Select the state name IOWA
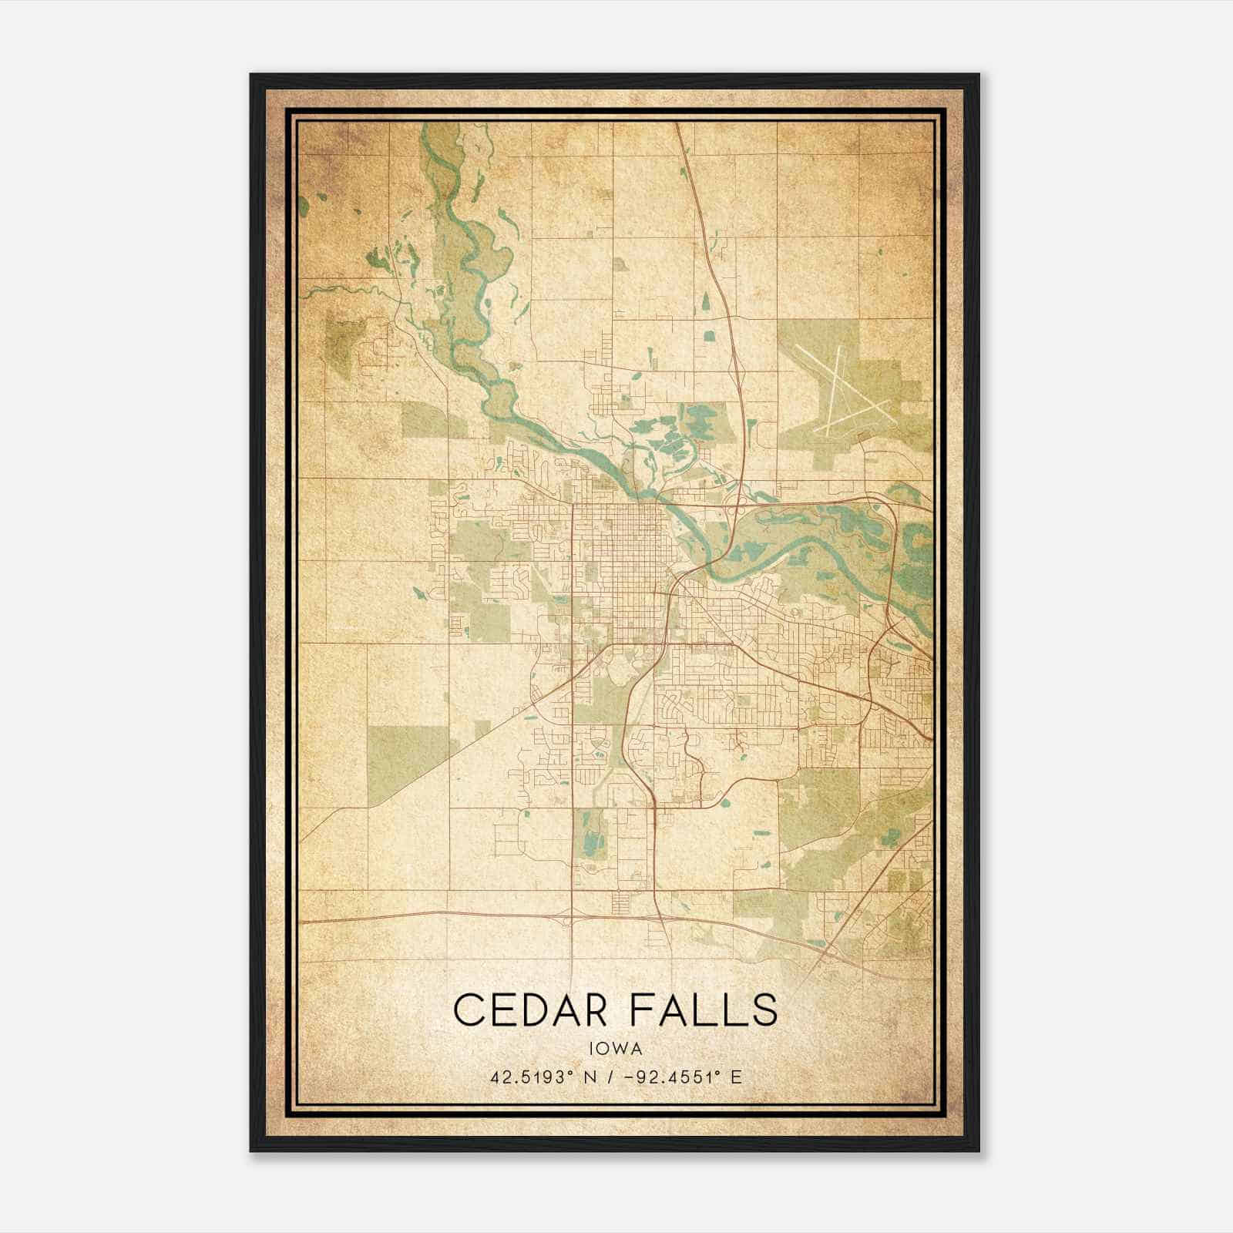tap(615, 1048)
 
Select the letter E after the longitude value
tap(737, 1077)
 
